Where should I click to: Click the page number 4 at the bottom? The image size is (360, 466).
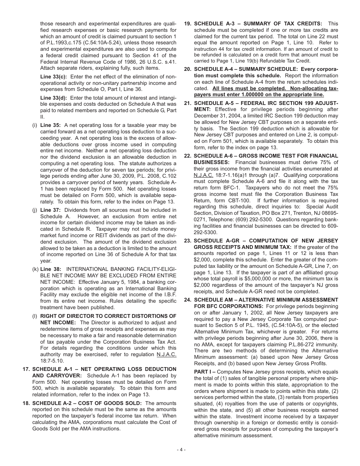click(x=180, y=450)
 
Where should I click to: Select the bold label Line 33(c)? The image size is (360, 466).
click(x=54, y=77)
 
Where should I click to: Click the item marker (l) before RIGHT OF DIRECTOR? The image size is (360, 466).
click(x=35, y=316)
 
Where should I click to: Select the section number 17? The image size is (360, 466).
click(x=26, y=369)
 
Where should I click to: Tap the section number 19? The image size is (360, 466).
click(x=188, y=23)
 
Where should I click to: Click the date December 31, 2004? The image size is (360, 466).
click(x=219, y=116)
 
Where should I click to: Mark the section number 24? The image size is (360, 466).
click(x=188, y=300)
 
